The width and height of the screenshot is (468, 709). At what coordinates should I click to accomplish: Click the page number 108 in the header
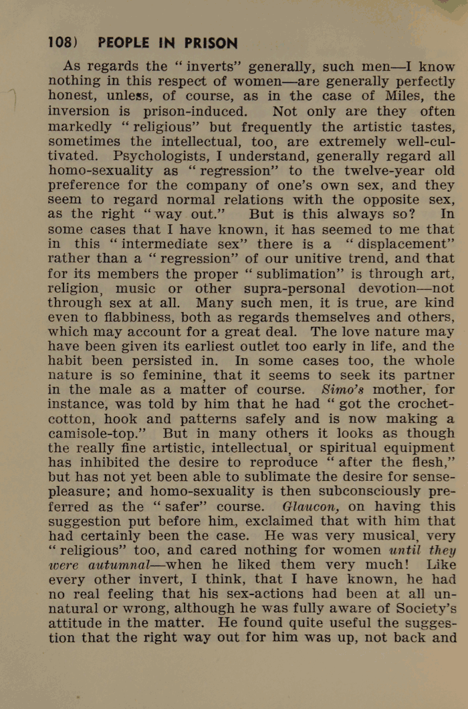click(60, 43)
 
